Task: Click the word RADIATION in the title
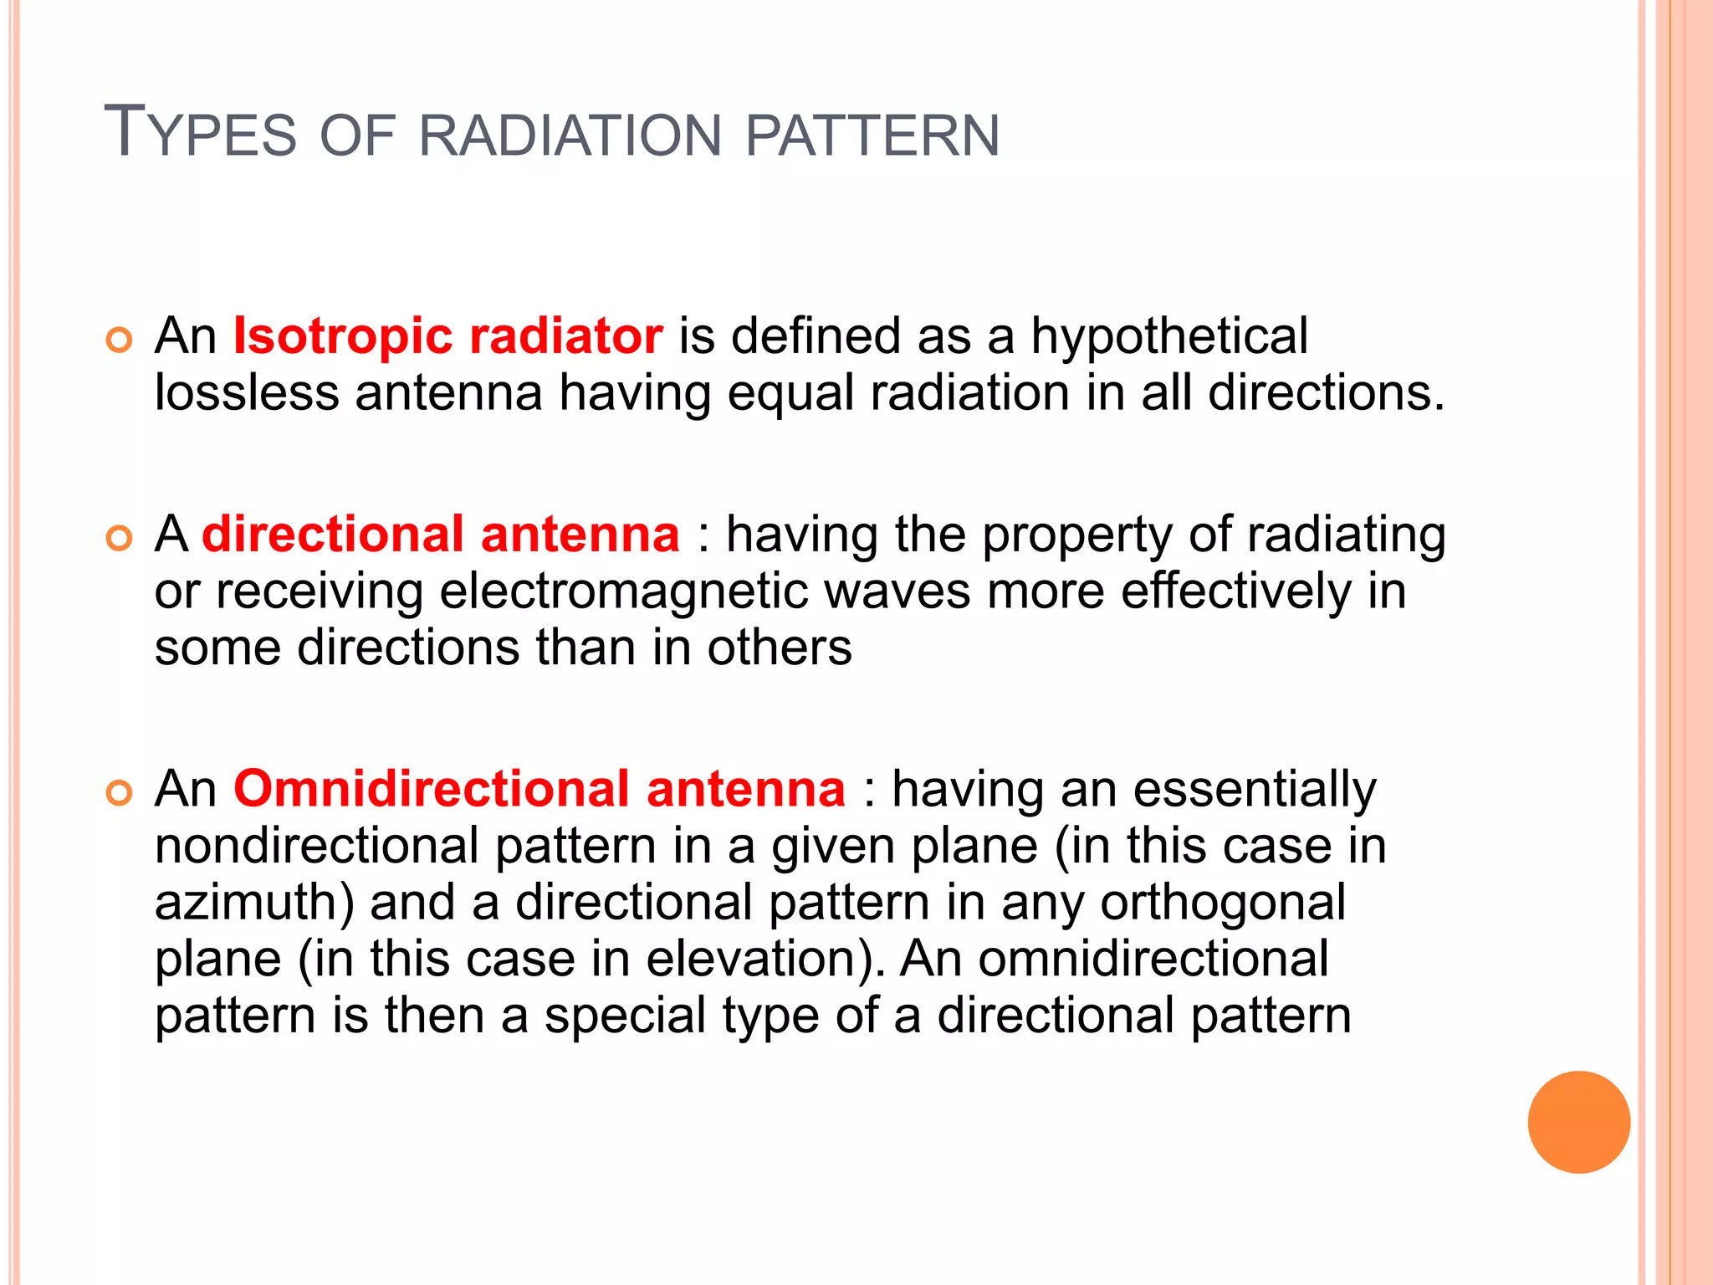click(569, 136)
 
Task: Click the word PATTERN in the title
click(872, 136)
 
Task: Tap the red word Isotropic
click(343, 336)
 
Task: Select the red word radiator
click(566, 336)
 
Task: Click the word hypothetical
click(1168, 336)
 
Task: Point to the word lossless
click(247, 393)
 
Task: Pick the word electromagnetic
click(624, 591)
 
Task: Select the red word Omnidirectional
click(432, 789)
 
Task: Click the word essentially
click(1254, 789)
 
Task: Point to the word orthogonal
click(1223, 903)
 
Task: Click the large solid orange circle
click(1578, 1122)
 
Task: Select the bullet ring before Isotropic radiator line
click(120, 340)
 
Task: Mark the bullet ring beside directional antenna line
click(120, 539)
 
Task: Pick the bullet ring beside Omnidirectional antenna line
click(120, 793)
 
